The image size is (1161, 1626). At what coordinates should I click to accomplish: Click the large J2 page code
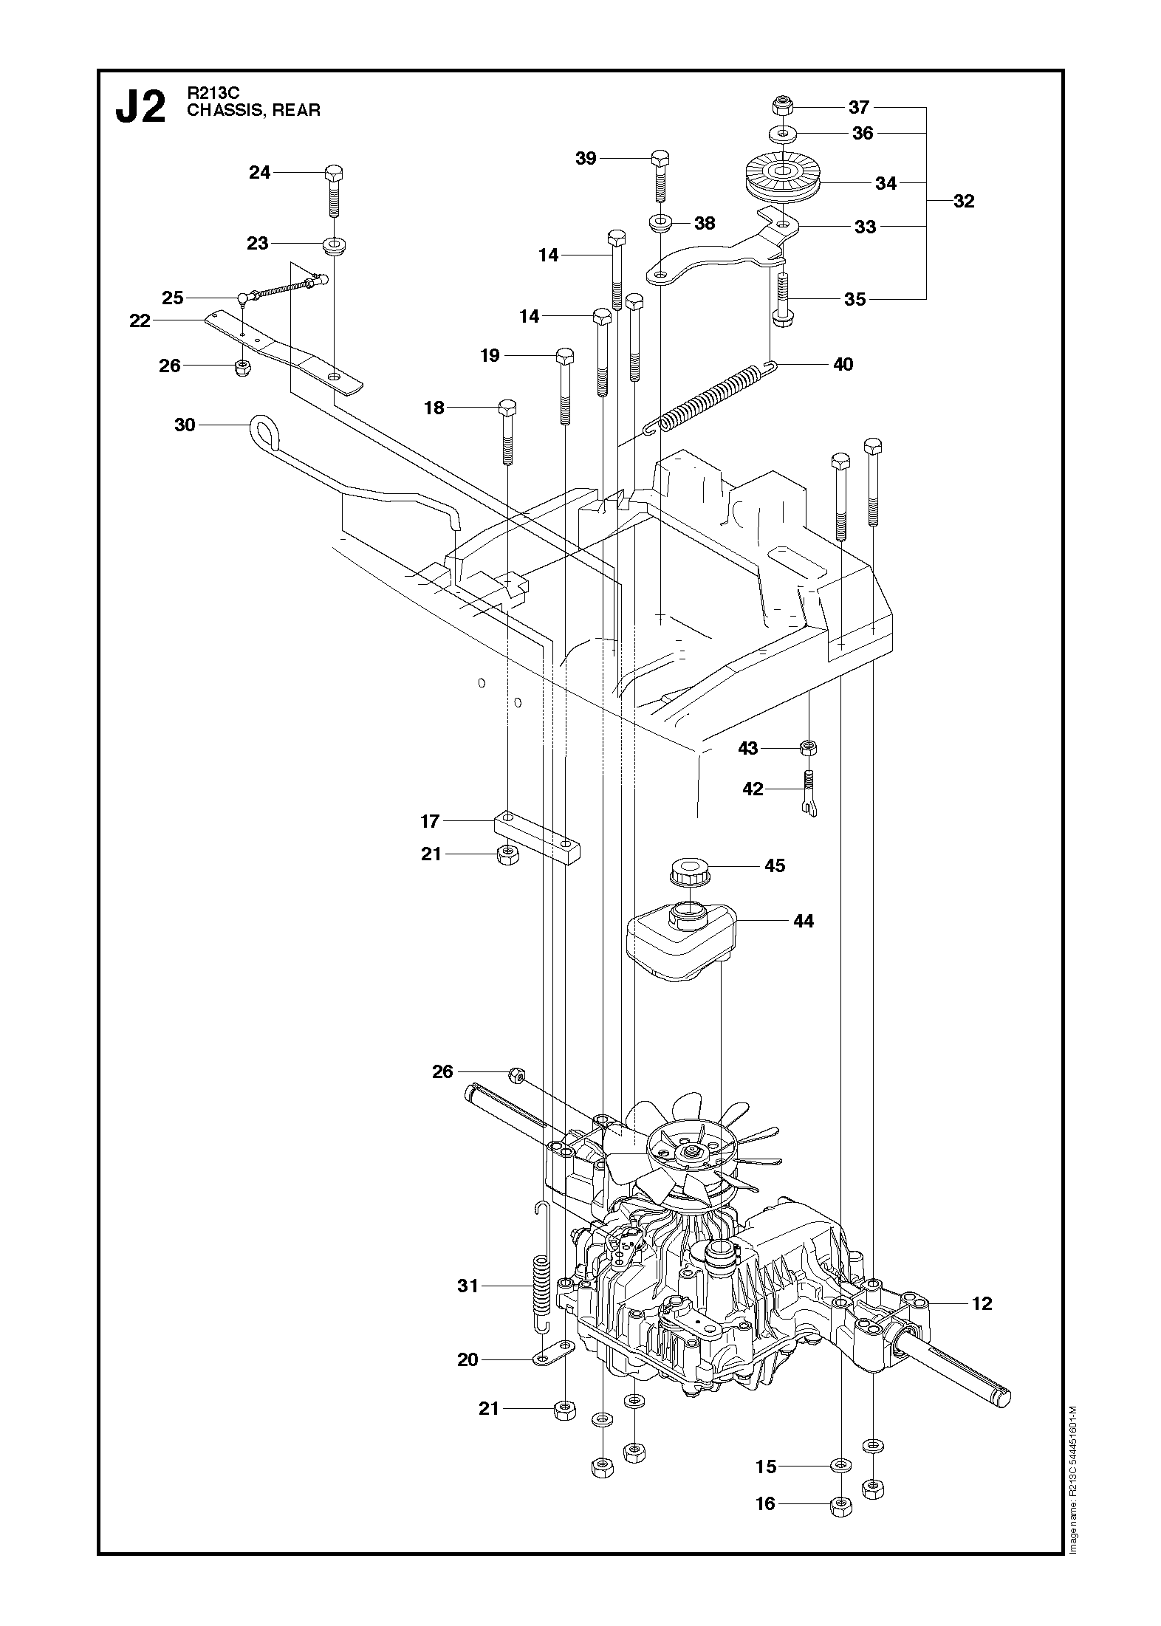pyautogui.click(x=140, y=107)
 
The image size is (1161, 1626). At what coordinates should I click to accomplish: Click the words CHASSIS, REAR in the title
pyautogui.click(x=254, y=111)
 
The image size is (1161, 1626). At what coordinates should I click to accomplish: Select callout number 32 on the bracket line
pyautogui.click(x=964, y=201)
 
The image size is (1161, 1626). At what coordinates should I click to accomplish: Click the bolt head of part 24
pyautogui.click(x=334, y=175)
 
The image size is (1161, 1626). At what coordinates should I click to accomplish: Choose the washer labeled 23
pyautogui.click(x=335, y=244)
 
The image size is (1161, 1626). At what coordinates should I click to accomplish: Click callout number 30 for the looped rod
pyautogui.click(x=185, y=425)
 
